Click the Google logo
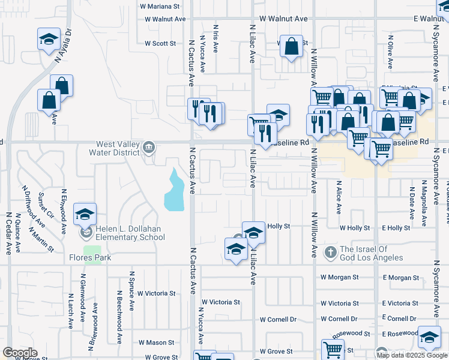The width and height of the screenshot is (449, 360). click(x=20, y=353)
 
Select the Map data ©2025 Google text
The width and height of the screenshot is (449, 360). click(x=412, y=355)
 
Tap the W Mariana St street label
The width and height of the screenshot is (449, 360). click(x=160, y=7)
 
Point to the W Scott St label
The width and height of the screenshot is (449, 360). click(x=160, y=43)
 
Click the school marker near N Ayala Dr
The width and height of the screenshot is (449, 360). click(x=49, y=40)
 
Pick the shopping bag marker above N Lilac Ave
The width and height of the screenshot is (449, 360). click(x=291, y=46)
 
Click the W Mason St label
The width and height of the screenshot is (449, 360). click(x=156, y=343)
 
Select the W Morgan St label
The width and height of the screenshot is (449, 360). click(x=339, y=277)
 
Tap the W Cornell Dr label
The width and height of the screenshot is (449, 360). click(x=339, y=319)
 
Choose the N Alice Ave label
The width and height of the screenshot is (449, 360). click(x=339, y=198)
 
